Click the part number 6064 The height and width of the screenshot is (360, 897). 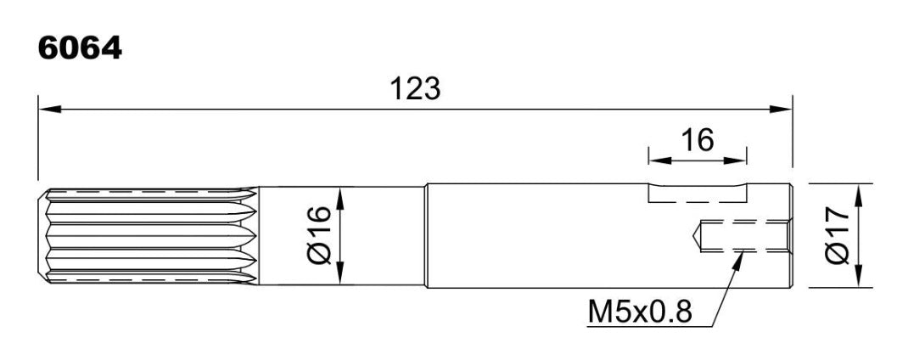click(80, 48)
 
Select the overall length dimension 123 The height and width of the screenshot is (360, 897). click(415, 90)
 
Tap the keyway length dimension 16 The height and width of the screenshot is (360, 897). click(698, 141)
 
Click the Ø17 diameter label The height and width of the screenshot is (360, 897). click(838, 235)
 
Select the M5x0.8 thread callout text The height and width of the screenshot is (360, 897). click(640, 312)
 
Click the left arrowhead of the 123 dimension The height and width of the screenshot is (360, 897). click(50, 109)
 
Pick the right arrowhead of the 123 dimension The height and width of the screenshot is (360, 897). click(780, 109)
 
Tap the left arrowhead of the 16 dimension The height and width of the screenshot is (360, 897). click(659, 160)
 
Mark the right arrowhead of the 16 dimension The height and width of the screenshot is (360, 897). click(736, 160)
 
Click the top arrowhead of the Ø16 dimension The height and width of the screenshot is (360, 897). click(340, 199)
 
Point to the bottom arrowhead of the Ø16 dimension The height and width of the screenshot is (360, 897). click(340, 273)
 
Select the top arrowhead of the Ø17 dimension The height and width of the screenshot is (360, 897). click(858, 196)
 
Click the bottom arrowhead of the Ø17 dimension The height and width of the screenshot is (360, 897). click(858, 275)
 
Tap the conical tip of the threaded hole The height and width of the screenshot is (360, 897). click(694, 234)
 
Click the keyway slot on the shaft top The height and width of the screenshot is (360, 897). click(698, 192)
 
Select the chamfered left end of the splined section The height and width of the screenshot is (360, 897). click(42, 235)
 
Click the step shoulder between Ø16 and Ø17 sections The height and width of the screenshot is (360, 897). click(426, 235)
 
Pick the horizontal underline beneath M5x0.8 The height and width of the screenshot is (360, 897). click(650, 327)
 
